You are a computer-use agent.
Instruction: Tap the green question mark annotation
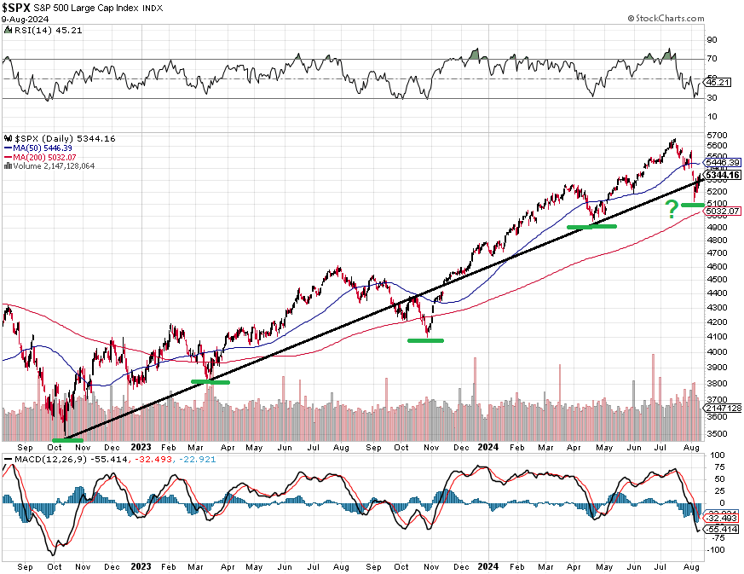click(x=671, y=207)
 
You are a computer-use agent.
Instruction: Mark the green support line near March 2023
click(x=211, y=381)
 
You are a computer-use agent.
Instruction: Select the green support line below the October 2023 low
click(x=425, y=340)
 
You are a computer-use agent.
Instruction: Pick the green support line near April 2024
click(x=591, y=226)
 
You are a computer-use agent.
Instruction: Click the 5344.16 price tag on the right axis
click(x=721, y=176)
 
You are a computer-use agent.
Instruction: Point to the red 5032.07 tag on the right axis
click(x=721, y=211)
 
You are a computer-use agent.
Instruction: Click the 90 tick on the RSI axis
click(x=712, y=38)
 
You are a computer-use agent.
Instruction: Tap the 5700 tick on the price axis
click(x=716, y=136)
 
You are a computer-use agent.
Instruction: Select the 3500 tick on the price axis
click(x=716, y=434)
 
